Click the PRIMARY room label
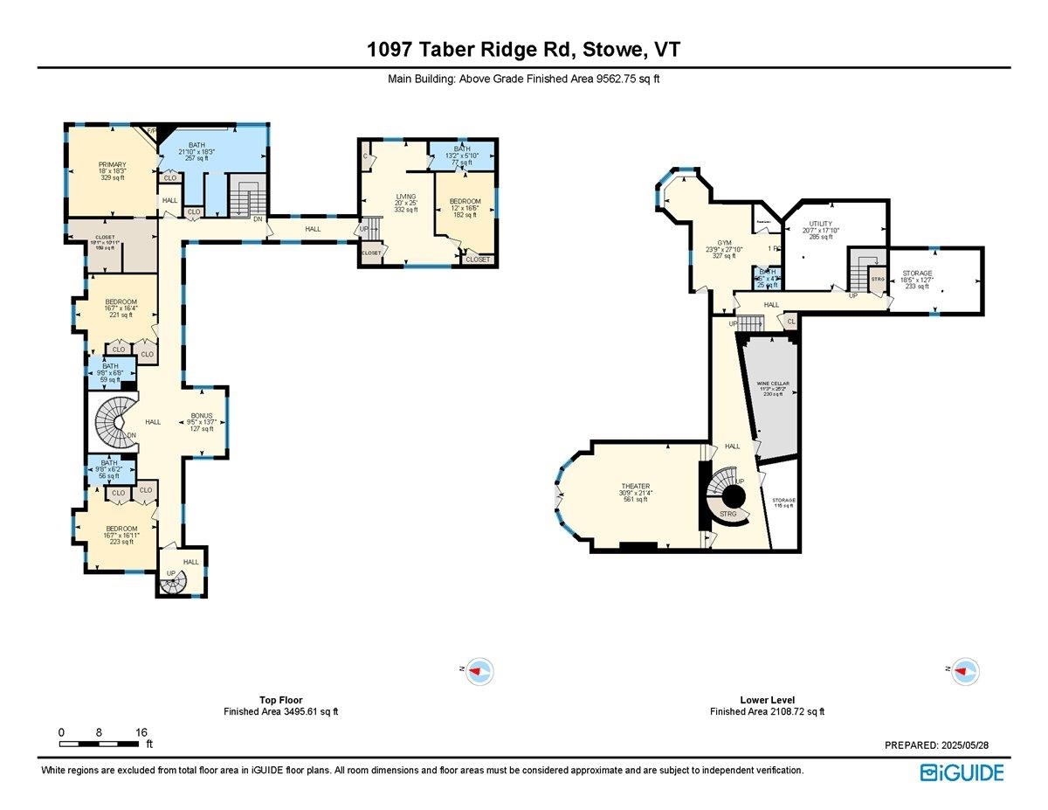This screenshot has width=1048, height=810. tap(112, 165)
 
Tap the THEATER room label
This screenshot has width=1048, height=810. tap(635, 487)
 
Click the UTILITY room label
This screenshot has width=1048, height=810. tap(821, 224)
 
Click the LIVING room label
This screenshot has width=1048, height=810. tap(405, 197)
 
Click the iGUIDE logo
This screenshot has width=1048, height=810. tap(962, 772)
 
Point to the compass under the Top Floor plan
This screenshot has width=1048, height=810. tap(479, 671)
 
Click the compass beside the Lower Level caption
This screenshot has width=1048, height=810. tap(965, 671)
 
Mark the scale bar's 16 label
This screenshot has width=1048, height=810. tap(141, 732)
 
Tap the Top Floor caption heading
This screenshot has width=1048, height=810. tap(280, 700)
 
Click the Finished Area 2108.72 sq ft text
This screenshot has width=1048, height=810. tap(766, 711)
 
